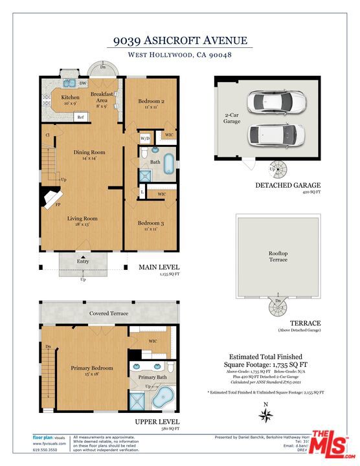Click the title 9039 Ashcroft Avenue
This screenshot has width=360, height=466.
[x=179, y=41]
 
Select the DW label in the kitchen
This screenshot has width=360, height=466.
[x=83, y=83]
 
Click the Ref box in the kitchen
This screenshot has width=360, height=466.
[x=81, y=117]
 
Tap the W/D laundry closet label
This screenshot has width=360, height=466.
[x=144, y=139]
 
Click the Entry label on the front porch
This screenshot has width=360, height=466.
[x=83, y=261]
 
